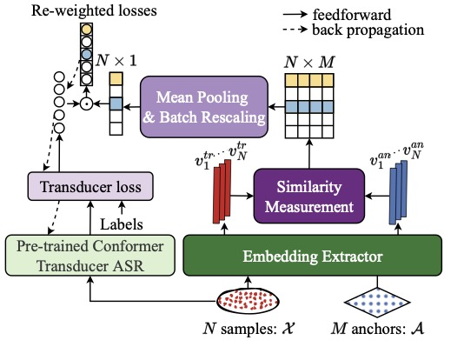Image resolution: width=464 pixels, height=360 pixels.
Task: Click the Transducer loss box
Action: [x=90, y=186]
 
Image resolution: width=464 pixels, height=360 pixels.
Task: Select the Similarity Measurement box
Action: [x=309, y=196]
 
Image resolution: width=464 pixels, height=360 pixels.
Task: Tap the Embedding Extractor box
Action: [x=313, y=256]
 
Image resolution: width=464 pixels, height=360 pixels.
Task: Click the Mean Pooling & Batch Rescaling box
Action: [x=204, y=107]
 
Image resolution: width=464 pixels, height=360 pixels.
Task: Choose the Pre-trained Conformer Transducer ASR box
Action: [x=90, y=256]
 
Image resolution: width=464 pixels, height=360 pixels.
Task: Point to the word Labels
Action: [x=122, y=224]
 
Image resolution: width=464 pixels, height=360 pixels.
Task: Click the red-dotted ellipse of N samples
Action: [x=248, y=301]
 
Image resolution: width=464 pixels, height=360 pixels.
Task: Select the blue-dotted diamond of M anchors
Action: [x=377, y=303]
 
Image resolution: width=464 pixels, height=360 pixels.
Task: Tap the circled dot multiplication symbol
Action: [x=86, y=104]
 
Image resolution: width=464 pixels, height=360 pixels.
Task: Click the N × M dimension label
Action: [x=309, y=62]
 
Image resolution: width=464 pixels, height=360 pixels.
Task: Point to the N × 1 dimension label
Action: [x=116, y=60]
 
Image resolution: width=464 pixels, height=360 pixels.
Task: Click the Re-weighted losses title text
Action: [x=94, y=10]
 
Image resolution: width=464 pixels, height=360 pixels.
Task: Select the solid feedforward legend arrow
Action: [x=295, y=14]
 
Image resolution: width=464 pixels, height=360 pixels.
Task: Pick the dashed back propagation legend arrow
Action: [x=295, y=30]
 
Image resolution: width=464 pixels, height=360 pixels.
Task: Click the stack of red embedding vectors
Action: [x=222, y=191]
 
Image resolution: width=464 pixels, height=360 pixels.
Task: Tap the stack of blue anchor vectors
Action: [x=398, y=192]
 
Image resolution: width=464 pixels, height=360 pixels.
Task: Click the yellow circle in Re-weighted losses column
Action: [x=86, y=30]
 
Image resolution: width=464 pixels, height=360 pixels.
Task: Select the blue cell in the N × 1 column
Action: [x=116, y=104]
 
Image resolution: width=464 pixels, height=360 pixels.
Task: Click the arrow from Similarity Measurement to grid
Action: [x=309, y=154]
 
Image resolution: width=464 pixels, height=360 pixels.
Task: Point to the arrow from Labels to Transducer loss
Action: [x=122, y=208]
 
